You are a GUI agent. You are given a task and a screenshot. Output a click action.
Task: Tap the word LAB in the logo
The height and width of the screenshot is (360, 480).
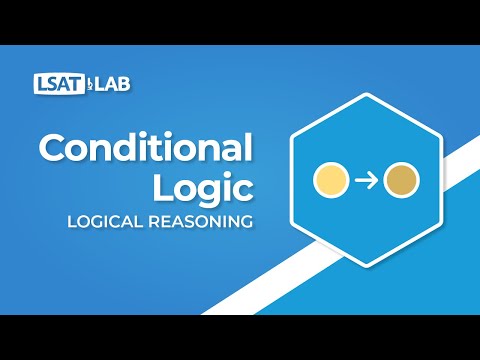[x=111, y=82]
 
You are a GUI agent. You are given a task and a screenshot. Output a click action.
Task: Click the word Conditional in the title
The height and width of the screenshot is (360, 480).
[x=144, y=149]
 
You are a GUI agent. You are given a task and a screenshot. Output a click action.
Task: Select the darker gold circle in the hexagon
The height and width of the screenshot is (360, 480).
[x=402, y=181]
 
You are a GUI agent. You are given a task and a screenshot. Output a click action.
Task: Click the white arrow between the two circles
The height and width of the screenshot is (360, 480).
[x=365, y=181]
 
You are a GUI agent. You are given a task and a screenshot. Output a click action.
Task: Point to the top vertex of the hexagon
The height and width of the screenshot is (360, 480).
[x=365, y=96]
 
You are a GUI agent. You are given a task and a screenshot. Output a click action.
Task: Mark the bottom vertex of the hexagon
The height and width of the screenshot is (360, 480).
[x=365, y=266]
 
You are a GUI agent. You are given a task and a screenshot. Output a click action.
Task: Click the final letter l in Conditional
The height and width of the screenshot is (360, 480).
[x=248, y=147]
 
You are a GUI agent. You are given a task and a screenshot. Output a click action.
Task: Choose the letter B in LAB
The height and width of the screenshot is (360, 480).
[x=123, y=82]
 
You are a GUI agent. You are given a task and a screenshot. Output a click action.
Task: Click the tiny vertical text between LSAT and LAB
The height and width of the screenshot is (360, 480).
[x=91, y=82]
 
